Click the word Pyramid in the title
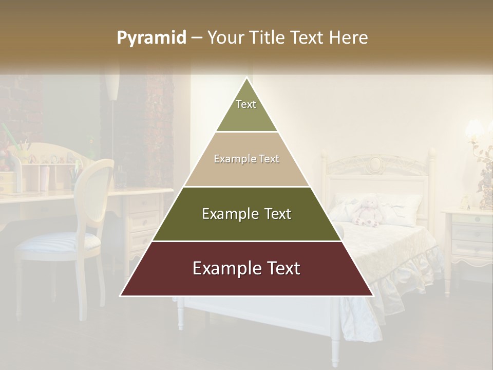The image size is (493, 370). coord(151,38)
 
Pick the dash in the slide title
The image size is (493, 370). coord(196,38)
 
